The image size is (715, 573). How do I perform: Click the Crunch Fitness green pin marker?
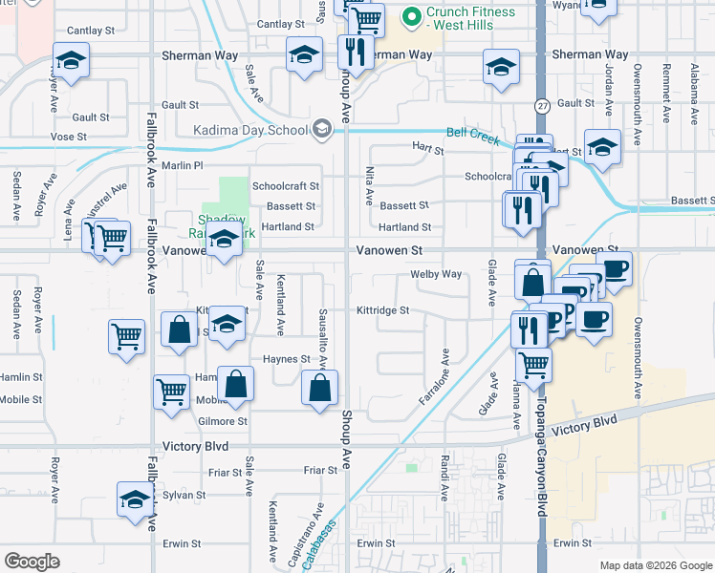pyautogui.click(x=413, y=16)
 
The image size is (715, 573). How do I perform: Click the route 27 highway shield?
pyautogui.click(x=542, y=105)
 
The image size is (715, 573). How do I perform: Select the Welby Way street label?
pyautogui.click(x=436, y=274)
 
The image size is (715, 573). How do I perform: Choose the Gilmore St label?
pyautogui.click(x=222, y=421)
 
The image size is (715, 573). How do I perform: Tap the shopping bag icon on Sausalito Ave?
pyautogui.click(x=320, y=388)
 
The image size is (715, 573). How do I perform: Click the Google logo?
pyautogui.click(x=32, y=562)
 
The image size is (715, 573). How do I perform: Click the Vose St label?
pyautogui.click(x=69, y=137)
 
